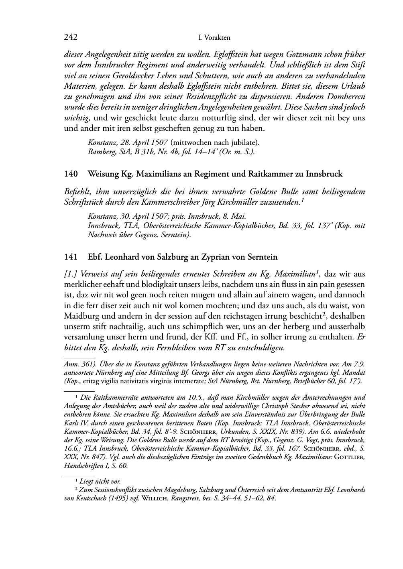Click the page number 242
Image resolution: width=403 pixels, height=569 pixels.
click(71, 38)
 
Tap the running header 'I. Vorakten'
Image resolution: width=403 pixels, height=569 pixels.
click(214, 38)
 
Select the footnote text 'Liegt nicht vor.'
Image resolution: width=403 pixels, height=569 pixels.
click(100, 481)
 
